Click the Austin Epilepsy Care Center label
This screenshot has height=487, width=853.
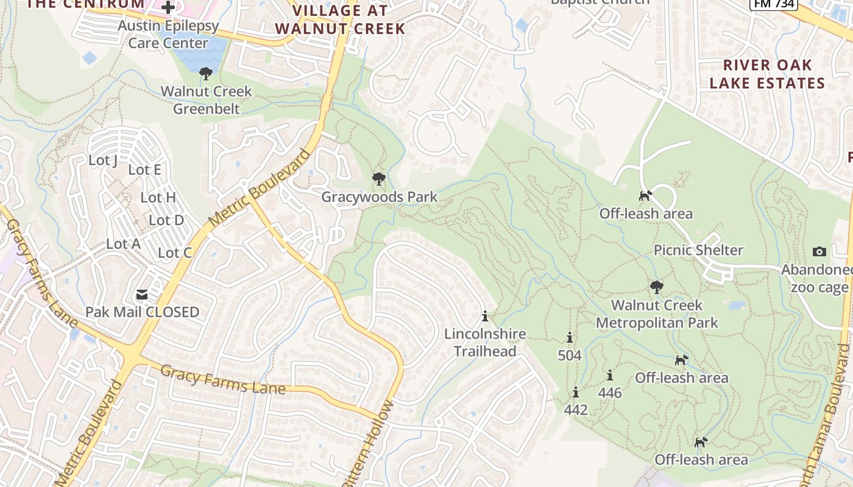coord(168,35)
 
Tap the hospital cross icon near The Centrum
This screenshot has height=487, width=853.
coord(168,7)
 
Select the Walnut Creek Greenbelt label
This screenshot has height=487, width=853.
coord(206,100)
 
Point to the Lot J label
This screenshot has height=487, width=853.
coord(103,161)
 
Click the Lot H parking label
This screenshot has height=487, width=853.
coord(158,197)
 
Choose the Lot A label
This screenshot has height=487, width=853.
coord(123,244)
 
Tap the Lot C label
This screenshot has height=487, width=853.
coord(175,253)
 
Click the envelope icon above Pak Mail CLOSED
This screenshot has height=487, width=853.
coord(142,295)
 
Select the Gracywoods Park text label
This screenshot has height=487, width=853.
coord(379,197)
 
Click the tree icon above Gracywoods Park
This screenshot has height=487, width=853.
coord(378,179)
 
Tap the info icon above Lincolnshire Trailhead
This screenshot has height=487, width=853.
coord(485,317)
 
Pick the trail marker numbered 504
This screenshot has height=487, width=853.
coord(570,355)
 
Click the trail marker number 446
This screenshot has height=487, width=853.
coord(609,393)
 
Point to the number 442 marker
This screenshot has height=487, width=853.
coord(575,410)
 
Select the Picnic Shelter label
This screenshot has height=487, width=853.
coord(698,250)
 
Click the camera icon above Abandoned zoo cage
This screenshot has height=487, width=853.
coord(819,251)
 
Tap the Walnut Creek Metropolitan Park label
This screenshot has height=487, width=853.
coord(657,314)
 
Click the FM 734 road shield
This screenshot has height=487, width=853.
coord(773,4)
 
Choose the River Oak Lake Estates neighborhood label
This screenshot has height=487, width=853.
coord(767,74)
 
